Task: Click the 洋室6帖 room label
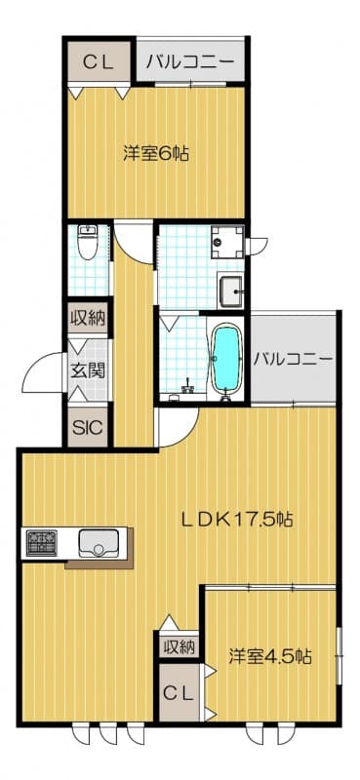point(156,153)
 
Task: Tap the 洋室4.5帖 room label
point(270,655)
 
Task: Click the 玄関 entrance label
point(88,370)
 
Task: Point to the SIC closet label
point(88,426)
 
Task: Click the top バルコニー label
point(190,63)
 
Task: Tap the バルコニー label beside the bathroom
point(293,359)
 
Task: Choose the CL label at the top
point(98,63)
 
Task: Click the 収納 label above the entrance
point(88,318)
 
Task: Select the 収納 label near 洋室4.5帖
point(180,645)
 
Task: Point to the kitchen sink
point(98,542)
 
